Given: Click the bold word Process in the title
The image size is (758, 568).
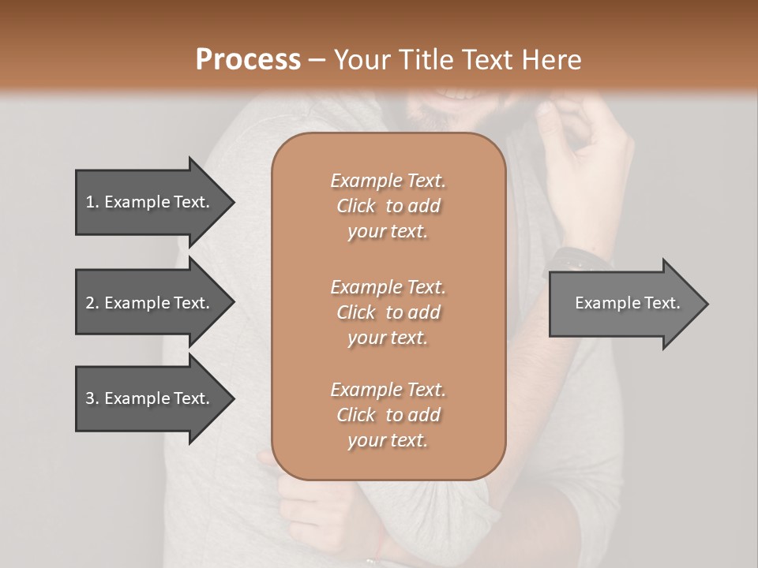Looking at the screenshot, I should click(248, 60).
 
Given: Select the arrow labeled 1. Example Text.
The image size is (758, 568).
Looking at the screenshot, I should click(150, 202).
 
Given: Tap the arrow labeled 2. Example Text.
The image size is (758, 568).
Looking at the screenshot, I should click(150, 303).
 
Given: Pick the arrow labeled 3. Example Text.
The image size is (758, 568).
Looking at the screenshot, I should click(150, 398).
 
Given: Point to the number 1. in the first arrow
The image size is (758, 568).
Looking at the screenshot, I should click(92, 202).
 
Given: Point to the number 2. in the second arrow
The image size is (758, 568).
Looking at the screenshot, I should click(92, 303).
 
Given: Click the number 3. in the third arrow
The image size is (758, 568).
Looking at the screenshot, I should click(92, 398).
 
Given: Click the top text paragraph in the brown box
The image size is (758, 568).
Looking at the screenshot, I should click(388, 206).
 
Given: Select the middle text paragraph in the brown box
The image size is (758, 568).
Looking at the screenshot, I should click(388, 312).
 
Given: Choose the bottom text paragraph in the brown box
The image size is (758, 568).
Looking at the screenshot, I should click(388, 415).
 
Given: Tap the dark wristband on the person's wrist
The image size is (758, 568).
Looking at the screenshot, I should click(580, 257).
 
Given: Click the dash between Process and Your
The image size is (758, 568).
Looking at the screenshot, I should click(317, 60).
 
